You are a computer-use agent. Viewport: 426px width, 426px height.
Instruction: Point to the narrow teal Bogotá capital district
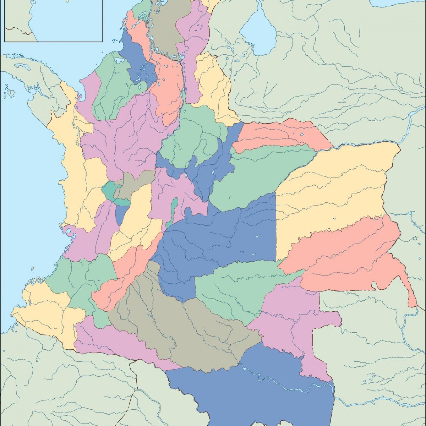coord(174,209)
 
